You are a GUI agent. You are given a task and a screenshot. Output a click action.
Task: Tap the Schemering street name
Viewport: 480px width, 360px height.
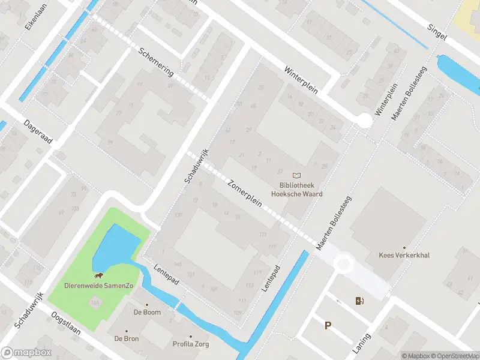pyautogui.click(x=155, y=62)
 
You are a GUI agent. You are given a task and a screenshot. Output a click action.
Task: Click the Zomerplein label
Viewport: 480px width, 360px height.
pyautogui.click(x=245, y=193)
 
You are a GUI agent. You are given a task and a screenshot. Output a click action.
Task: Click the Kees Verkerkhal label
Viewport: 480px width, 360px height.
pyautogui.click(x=404, y=255)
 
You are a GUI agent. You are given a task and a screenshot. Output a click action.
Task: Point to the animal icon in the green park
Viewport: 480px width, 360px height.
pyautogui.click(x=98, y=276)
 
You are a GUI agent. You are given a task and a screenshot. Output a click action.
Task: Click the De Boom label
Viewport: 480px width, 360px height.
pyautogui.click(x=146, y=312)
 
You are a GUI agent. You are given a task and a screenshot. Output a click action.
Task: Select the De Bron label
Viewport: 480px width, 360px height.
pyautogui.click(x=127, y=338)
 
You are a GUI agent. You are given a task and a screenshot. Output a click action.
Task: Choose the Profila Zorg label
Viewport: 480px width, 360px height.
pyautogui.click(x=191, y=344)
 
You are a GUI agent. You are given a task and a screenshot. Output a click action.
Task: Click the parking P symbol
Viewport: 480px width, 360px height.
pyautogui.click(x=328, y=326)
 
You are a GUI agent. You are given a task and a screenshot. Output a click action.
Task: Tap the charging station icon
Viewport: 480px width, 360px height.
pyautogui.click(x=359, y=301)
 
